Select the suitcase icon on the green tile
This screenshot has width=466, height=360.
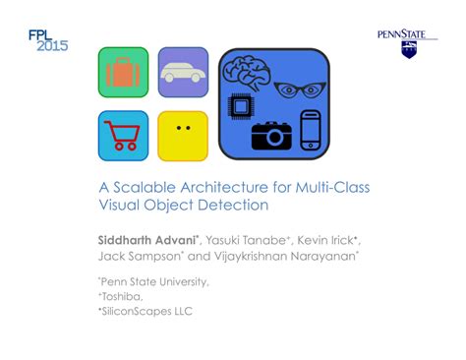(x=123, y=74)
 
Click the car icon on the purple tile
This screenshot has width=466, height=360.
(x=183, y=72)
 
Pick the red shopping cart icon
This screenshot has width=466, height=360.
(x=124, y=134)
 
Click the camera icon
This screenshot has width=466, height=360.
(x=271, y=134)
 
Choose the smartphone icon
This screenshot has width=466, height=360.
(x=311, y=129)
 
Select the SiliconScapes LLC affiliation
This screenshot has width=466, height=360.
(x=148, y=311)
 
